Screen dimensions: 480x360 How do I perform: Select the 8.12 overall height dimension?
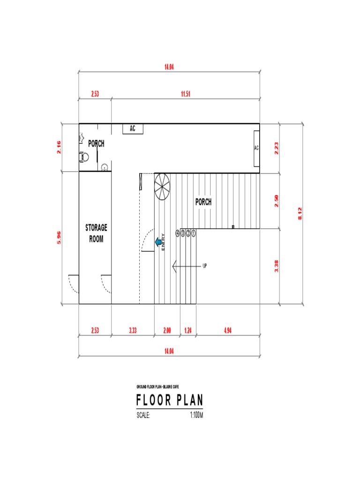click(300, 214)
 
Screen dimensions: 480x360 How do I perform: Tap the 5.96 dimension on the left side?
click(59, 237)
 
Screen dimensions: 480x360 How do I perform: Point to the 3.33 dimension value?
click(133, 330)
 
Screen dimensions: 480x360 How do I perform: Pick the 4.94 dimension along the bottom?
click(227, 330)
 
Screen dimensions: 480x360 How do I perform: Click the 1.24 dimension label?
click(188, 330)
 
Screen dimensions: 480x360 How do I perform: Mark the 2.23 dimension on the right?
click(277, 148)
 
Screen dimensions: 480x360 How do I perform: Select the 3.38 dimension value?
click(277, 266)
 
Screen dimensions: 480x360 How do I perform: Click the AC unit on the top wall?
click(133, 129)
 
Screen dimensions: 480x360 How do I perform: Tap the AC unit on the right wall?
click(256, 148)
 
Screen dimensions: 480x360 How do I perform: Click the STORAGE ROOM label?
click(96, 233)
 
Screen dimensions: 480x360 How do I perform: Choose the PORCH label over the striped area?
click(203, 202)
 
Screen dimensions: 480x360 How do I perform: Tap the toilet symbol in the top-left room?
click(84, 156)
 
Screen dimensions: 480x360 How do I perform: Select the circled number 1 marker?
click(193, 233)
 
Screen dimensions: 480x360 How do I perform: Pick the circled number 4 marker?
click(178, 233)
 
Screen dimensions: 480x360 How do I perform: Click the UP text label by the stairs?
click(204, 266)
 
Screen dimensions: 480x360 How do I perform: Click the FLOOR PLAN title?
click(170, 401)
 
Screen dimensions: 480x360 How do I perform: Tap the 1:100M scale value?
click(196, 415)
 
